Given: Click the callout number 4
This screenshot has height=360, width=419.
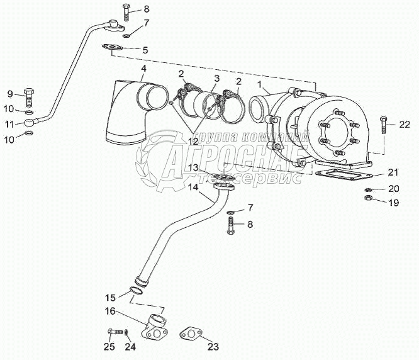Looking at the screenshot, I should [144, 68].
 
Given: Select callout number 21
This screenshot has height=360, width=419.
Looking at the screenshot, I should [393, 172].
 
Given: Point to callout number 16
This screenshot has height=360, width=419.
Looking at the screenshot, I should [110, 311].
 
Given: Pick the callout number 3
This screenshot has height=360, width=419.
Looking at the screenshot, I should [216, 78].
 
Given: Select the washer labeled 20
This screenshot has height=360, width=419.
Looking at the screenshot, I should [368, 189].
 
